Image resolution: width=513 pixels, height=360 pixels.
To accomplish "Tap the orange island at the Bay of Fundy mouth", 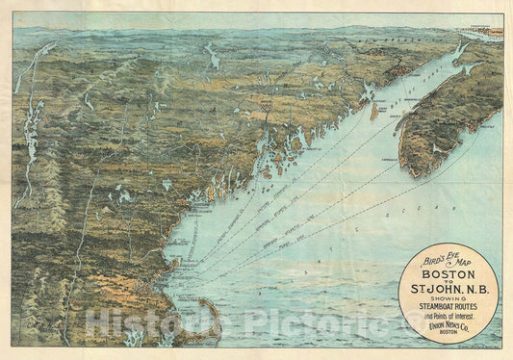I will coord(372,110).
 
